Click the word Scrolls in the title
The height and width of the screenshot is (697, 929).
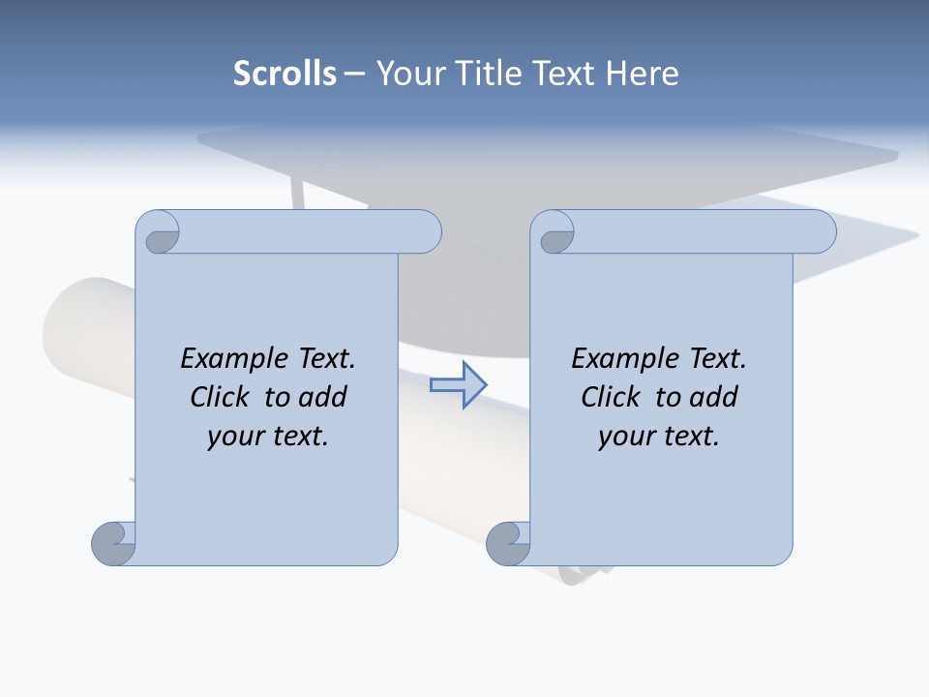point(285,74)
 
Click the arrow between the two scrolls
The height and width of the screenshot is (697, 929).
point(458,385)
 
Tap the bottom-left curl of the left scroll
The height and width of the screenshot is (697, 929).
point(113,544)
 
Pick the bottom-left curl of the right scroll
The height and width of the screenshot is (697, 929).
point(508,544)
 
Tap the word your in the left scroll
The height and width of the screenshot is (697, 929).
point(233,437)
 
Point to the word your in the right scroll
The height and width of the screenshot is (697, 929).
point(624,437)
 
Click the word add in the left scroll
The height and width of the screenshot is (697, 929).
point(321,398)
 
